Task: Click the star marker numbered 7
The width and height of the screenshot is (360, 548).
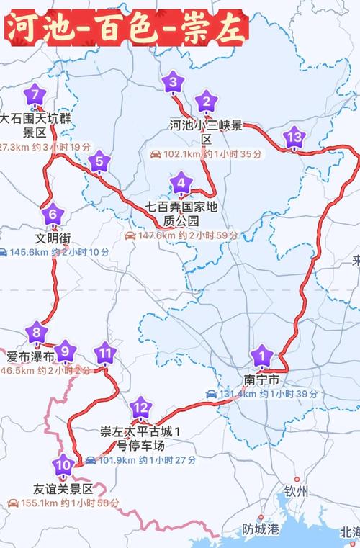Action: [x=35, y=94]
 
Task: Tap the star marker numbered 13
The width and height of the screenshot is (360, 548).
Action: [x=294, y=137]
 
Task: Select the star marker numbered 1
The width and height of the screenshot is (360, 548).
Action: [x=262, y=354]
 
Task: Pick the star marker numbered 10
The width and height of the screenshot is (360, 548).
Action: [x=64, y=464]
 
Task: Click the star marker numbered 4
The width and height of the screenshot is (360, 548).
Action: [x=180, y=183]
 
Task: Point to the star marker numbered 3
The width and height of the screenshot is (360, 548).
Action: [x=173, y=83]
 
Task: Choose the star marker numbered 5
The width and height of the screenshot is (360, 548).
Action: [x=99, y=162]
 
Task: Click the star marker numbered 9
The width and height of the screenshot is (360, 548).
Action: [x=65, y=351]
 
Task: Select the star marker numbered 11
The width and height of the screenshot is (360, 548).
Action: [x=106, y=353]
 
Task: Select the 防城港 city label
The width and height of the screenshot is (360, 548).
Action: [x=260, y=529]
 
